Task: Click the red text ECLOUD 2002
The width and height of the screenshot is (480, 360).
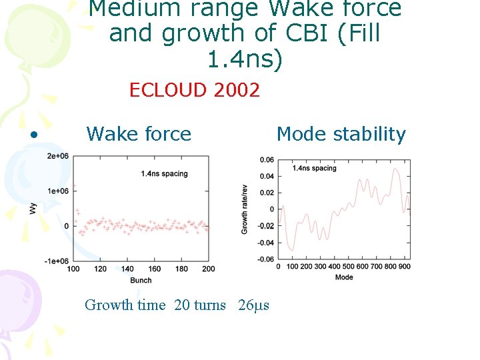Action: [x=194, y=90]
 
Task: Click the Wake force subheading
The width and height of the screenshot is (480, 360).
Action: [x=139, y=134]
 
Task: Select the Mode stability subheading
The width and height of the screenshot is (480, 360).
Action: [x=341, y=134]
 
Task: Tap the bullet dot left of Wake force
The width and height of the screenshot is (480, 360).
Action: [x=33, y=135]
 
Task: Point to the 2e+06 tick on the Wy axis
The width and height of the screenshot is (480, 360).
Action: [x=57, y=156]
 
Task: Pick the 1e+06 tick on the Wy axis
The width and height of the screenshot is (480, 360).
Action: [x=57, y=191]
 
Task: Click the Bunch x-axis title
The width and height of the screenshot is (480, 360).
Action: [x=141, y=280]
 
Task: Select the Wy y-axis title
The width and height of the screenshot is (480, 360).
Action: [x=33, y=208]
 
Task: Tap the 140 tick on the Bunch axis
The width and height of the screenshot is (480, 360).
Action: [x=127, y=269]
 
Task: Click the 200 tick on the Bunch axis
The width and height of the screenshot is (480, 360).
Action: [x=209, y=269]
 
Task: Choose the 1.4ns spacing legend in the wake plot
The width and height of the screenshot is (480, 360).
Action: [x=165, y=174]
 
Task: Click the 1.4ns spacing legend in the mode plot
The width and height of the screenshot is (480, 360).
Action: [x=314, y=168]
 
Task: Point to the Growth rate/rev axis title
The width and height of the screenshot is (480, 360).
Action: [x=245, y=209]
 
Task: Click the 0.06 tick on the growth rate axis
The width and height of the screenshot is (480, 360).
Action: [x=267, y=159]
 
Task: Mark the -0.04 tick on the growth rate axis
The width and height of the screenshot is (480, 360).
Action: [x=265, y=243]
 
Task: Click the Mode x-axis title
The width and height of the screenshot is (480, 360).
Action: [x=344, y=277]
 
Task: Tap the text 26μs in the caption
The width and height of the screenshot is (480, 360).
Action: [x=253, y=305]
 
